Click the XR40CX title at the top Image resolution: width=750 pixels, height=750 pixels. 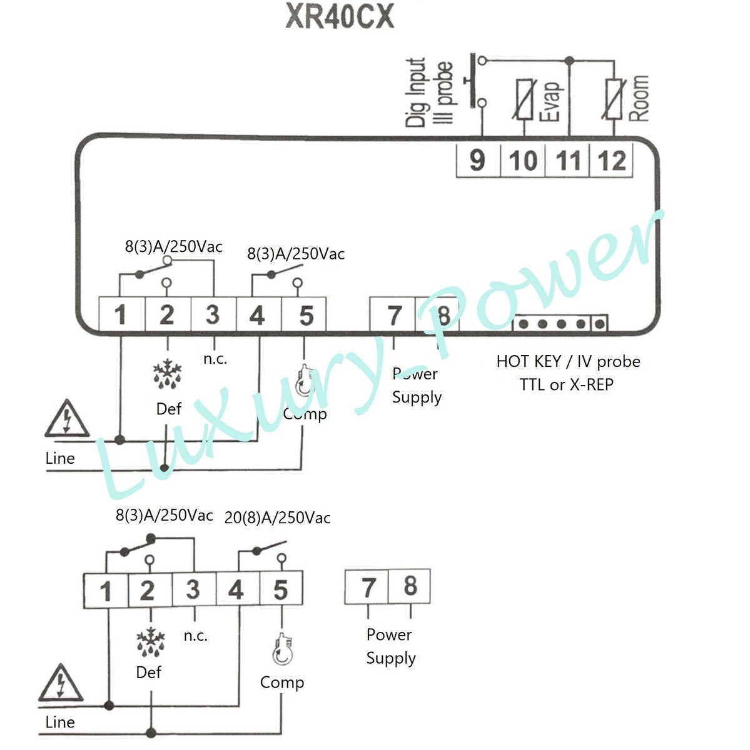pyautogui.click(x=340, y=17)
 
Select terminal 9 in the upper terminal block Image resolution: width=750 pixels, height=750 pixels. pyautogui.click(x=477, y=160)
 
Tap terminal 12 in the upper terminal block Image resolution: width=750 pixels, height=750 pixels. pyautogui.click(x=611, y=160)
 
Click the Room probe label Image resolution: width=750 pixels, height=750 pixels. pyautogui.click(x=638, y=98)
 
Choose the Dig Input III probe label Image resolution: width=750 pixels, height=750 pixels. pyautogui.click(x=429, y=92)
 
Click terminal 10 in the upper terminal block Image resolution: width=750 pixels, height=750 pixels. pyautogui.click(x=523, y=160)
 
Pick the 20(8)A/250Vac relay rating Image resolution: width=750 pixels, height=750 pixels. pyautogui.click(x=277, y=518)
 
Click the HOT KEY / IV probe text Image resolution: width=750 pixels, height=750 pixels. pyautogui.click(x=568, y=362)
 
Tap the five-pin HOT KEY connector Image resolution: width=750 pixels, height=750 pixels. pyautogui.click(x=560, y=324)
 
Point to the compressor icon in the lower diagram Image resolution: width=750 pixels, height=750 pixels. pyautogui.click(x=282, y=650)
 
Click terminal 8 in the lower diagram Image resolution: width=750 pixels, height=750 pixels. pyautogui.click(x=410, y=586)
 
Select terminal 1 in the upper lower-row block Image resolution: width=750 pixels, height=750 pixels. pyautogui.click(x=121, y=315)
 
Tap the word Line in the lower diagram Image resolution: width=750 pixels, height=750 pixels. pyautogui.click(x=60, y=722)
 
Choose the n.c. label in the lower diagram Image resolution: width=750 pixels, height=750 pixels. pyautogui.click(x=195, y=636)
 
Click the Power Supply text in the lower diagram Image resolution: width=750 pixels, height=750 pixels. pyautogui.click(x=390, y=646)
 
